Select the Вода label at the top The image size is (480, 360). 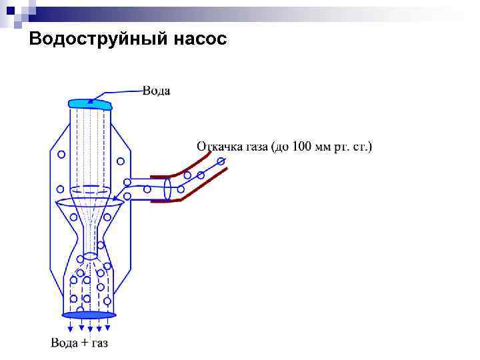156,91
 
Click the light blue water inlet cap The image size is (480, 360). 90,103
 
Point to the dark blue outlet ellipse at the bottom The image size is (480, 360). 89,315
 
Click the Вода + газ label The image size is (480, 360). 79,343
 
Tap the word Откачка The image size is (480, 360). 218,146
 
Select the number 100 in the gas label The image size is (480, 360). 302,146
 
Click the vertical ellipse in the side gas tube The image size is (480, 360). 168,188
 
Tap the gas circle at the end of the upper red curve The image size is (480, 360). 221,161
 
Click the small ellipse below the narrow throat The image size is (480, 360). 91,256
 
